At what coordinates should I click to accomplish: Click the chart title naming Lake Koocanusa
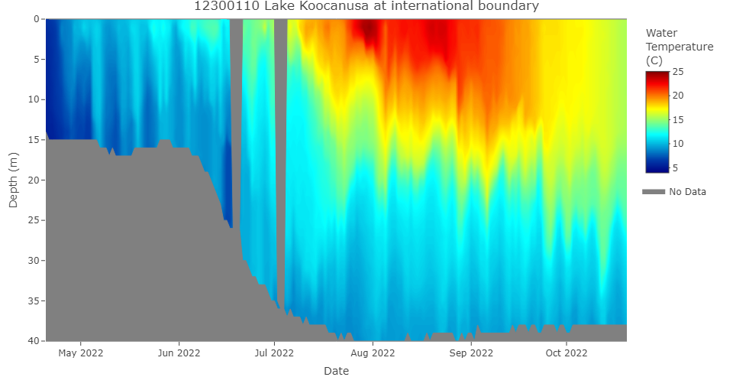click(x=366, y=7)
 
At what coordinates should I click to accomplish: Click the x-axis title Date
click(x=337, y=371)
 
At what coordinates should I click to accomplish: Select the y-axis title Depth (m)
click(x=13, y=180)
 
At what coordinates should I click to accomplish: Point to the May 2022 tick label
click(x=81, y=353)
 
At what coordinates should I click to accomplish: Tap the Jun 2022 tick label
click(x=179, y=353)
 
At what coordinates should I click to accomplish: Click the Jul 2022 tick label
click(x=273, y=353)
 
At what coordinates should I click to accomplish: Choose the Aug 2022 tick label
click(x=372, y=353)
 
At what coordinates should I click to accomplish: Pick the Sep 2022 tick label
click(x=471, y=353)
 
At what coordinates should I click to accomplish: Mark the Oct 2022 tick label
click(x=566, y=353)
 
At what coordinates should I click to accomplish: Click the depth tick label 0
click(x=37, y=19)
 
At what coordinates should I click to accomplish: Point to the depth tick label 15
click(x=34, y=140)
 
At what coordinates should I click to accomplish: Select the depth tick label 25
click(x=34, y=220)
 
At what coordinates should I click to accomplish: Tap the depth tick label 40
click(x=34, y=340)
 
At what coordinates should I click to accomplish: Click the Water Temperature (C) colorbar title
click(x=679, y=47)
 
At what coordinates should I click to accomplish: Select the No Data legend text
click(x=687, y=192)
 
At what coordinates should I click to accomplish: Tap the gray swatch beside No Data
click(x=654, y=192)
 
